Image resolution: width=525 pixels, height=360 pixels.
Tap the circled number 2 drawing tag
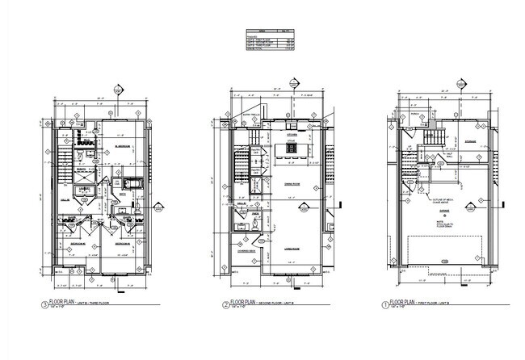coord(225,305)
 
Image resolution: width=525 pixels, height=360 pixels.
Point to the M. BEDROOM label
coord(123,146)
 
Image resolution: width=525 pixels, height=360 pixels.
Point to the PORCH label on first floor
coord(415,124)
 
